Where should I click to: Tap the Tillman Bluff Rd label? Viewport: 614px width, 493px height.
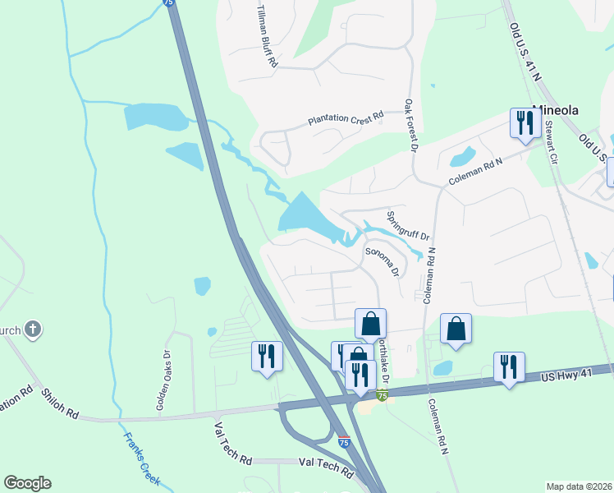pyautogui.click(x=267, y=34)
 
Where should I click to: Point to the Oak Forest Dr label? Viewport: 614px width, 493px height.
pyautogui.click(x=410, y=126)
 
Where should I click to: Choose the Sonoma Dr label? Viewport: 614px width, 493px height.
pyautogui.click(x=382, y=261)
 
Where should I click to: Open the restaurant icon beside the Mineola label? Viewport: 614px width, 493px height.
pyautogui.click(x=523, y=123)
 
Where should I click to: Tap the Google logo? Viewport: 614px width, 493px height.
pyautogui.click(x=27, y=483)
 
